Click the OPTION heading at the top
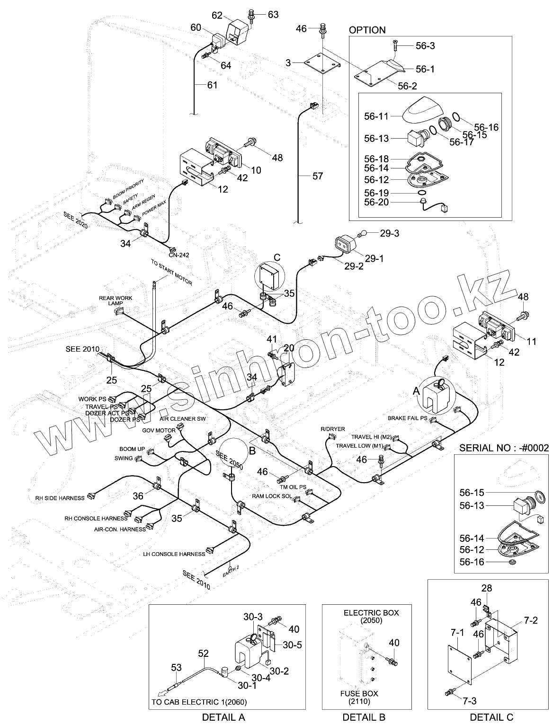tap(367, 30)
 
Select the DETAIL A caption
tap(223, 717)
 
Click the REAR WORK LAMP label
tap(116, 300)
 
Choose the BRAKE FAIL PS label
tap(407, 418)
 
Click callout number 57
tap(318, 176)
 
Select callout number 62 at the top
tap(217, 16)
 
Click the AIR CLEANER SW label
tap(182, 419)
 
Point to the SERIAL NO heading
tap(504, 447)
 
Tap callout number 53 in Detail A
tap(176, 668)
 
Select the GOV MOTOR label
tap(159, 431)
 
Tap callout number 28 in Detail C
tap(487, 588)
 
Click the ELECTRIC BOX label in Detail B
tap(371, 613)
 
